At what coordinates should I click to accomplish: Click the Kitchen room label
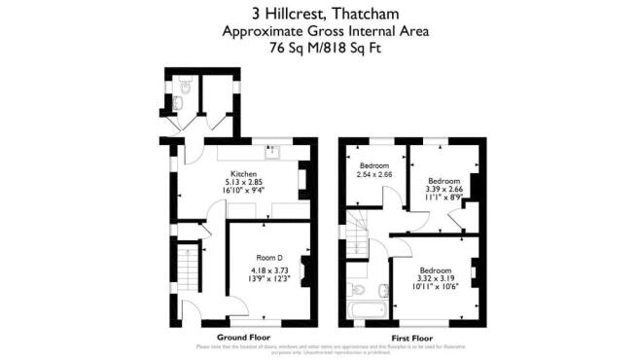(x=243, y=174)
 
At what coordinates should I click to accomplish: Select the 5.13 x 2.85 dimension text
(x=243, y=183)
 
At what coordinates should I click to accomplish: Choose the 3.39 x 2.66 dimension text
(x=444, y=189)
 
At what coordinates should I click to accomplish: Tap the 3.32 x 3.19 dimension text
(x=436, y=277)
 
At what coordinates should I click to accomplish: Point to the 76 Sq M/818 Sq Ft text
(x=318, y=47)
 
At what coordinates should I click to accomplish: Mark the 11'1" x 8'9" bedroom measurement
(x=444, y=198)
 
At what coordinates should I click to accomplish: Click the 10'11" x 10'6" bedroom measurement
(x=436, y=286)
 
